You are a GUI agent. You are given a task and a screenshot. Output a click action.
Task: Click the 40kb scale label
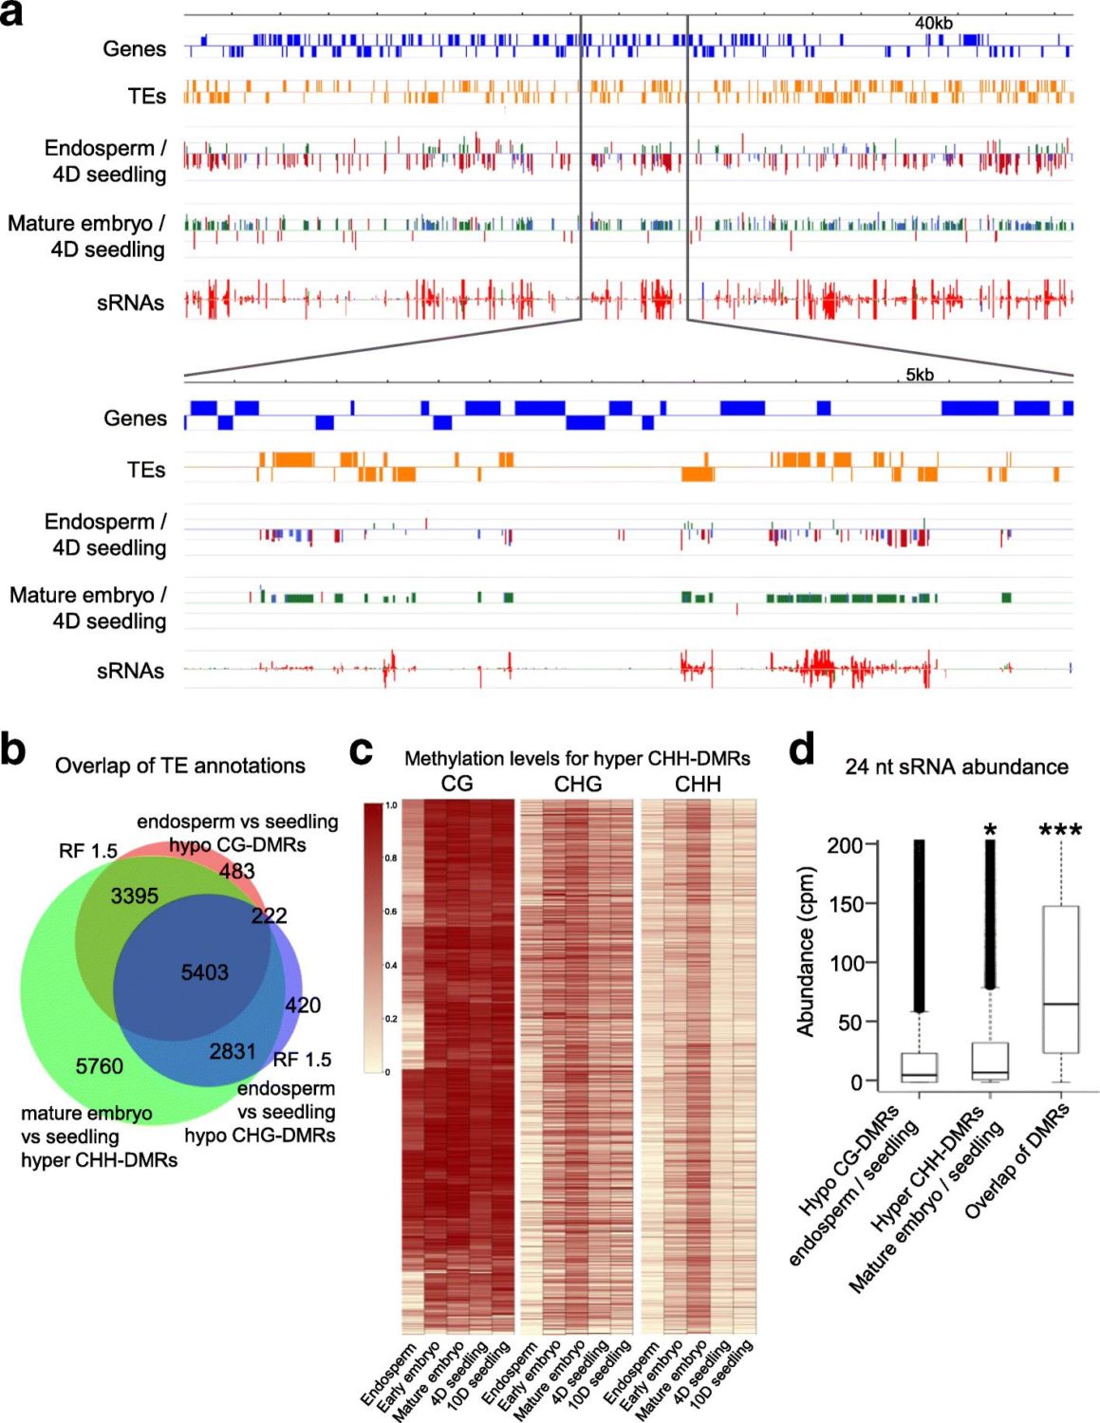click(933, 23)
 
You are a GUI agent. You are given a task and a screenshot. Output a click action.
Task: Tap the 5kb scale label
click(919, 375)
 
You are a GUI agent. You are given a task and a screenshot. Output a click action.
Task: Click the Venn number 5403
click(205, 972)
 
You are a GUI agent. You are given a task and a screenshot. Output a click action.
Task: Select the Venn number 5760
click(100, 1066)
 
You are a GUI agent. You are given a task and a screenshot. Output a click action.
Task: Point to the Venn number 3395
click(135, 896)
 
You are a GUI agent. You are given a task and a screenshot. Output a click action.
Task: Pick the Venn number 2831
click(233, 1051)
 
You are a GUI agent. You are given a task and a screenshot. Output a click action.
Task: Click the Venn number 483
click(236, 871)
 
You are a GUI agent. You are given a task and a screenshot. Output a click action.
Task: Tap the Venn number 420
click(303, 1005)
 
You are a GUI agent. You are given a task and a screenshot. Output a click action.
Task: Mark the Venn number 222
click(269, 915)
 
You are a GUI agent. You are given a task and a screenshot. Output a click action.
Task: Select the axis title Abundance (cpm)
click(806, 951)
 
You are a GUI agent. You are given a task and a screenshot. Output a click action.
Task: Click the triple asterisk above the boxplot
click(1060, 832)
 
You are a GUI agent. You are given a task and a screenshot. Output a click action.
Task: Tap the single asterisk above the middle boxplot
click(990, 832)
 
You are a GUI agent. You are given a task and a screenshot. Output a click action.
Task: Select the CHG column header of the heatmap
click(578, 785)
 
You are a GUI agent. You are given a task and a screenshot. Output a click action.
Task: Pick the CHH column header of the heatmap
click(698, 785)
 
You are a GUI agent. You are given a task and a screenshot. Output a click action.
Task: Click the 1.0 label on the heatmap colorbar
click(391, 805)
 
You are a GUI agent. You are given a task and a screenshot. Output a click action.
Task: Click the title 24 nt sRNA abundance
click(956, 767)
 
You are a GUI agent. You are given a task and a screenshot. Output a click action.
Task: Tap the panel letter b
click(13, 749)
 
